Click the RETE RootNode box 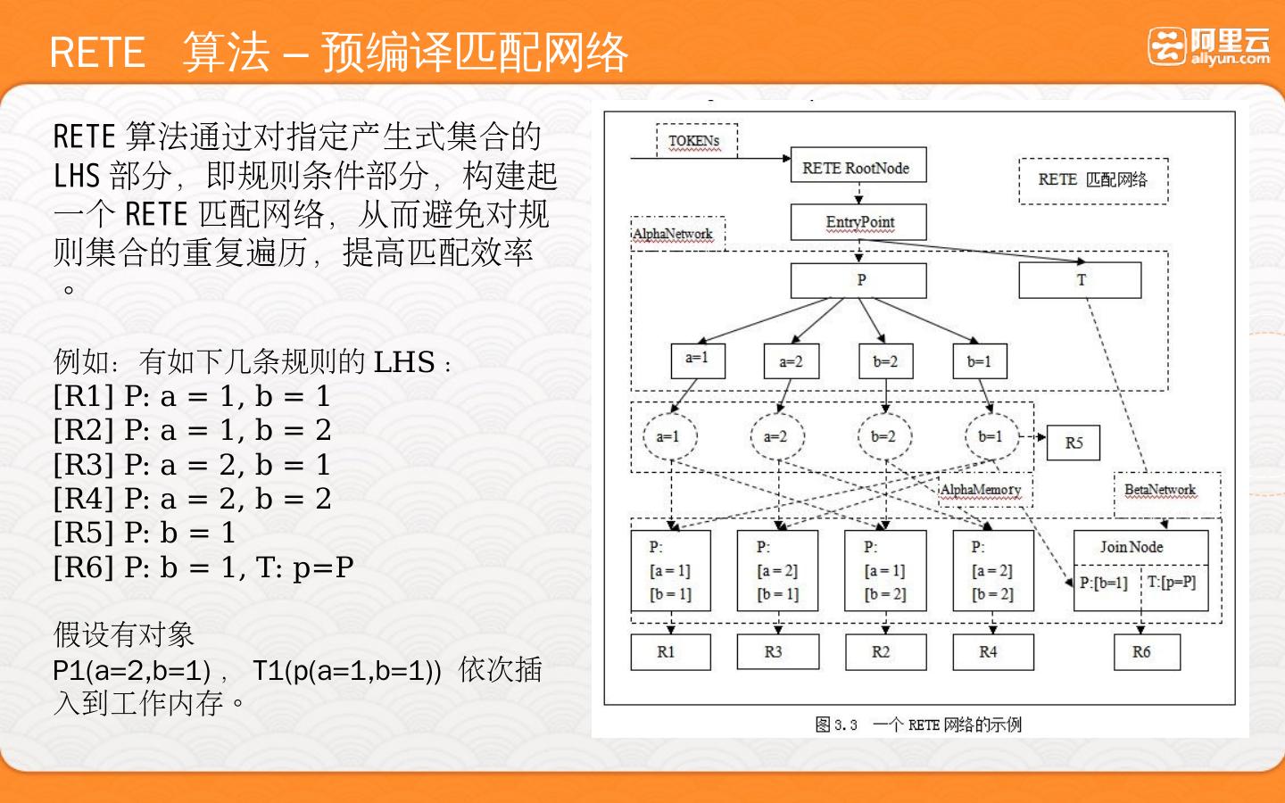click(858, 166)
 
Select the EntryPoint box click(858, 222)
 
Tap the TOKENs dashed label click(695, 141)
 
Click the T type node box click(1080, 280)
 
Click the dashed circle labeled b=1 click(991, 437)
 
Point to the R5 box click(1074, 443)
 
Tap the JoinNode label click(1132, 547)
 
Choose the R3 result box click(774, 652)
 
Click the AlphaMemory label click(980, 490)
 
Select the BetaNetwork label click(1159, 490)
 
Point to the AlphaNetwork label click(674, 234)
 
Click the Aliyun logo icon click(1167, 46)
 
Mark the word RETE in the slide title click(97, 53)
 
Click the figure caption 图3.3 click(836, 724)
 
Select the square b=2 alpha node click(884, 361)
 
